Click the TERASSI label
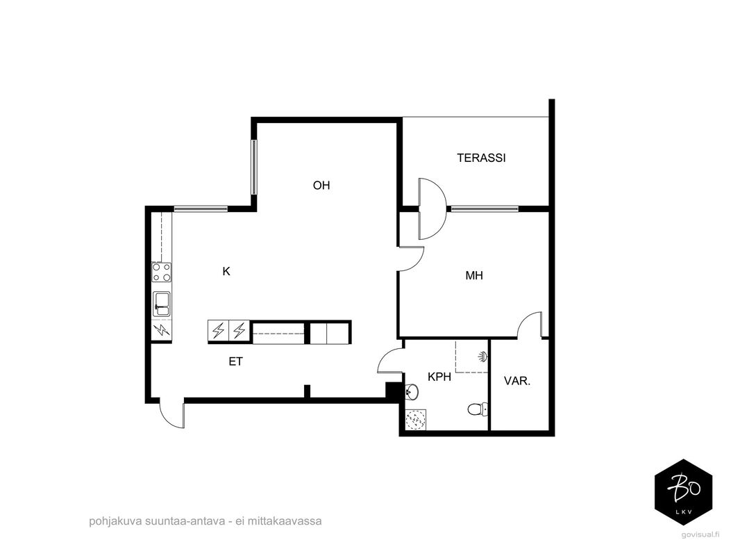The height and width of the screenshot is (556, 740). click(481, 158)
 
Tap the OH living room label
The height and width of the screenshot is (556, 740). click(321, 185)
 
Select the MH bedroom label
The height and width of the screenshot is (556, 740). click(474, 275)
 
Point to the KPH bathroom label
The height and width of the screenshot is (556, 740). click(439, 377)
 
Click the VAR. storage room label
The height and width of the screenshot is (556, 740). click(517, 382)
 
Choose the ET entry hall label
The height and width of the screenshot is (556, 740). click(236, 362)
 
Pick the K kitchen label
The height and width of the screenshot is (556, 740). click(226, 272)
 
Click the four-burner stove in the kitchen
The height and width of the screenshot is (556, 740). click(162, 272)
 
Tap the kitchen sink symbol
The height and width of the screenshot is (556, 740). click(162, 304)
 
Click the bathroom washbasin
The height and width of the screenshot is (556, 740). click(412, 391)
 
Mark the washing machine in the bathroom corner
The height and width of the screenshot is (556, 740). click(416, 419)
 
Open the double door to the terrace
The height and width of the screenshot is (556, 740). click(432, 208)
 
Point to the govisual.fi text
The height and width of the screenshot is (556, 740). click(700, 534)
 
